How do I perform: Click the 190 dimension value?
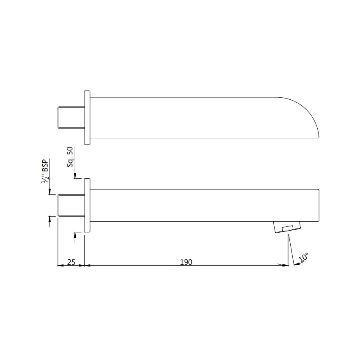click(x=186, y=262)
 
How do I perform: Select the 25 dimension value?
click(x=71, y=262)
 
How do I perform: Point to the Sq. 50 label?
click(x=70, y=157)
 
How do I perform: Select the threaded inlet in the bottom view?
click(x=71, y=205)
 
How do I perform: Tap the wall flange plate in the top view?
click(x=87, y=118)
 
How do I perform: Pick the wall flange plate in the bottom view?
click(x=87, y=205)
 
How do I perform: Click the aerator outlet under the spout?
click(x=287, y=227)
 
